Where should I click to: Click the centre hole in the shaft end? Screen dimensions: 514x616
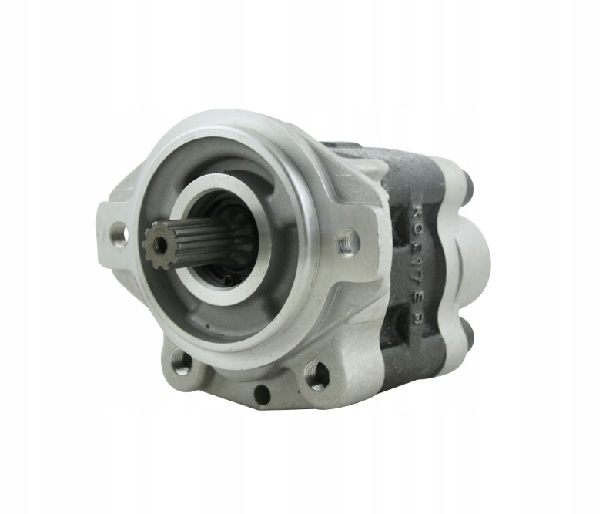coord(159,244)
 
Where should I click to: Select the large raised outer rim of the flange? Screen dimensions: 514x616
coord(308,177)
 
